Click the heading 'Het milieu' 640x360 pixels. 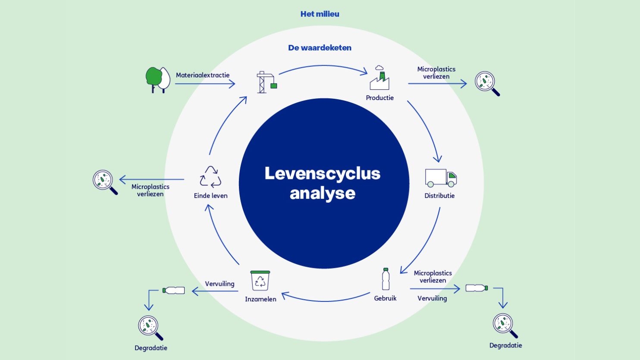pyautogui.click(x=320, y=14)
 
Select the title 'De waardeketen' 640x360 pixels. pyautogui.click(x=320, y=48)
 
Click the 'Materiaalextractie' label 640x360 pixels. pyautogui.click(x=203, y=75)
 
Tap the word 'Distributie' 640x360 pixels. pyautogui.click(x=439, y=196)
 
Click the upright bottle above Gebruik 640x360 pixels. pyautogui.click(x=386, y=279)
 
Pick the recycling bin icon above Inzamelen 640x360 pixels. pyautogui.click(x=260, y=281)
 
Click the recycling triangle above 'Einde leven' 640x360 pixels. pyautogui.click(x=210, y=177)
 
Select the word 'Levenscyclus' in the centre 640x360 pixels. pyautogui.click(x=322, y=173)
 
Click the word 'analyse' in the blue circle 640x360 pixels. pyautogui.click(x=322, y=193)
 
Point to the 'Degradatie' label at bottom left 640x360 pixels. pyautogui.click(x=151, y=348)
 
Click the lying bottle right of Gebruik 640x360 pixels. pyautogui.click(x=477, y=288)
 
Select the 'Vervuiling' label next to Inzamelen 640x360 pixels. pyautogui.click(x=220, y=284)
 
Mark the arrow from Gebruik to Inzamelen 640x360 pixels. pyautogui.click(x=326, y=298)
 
